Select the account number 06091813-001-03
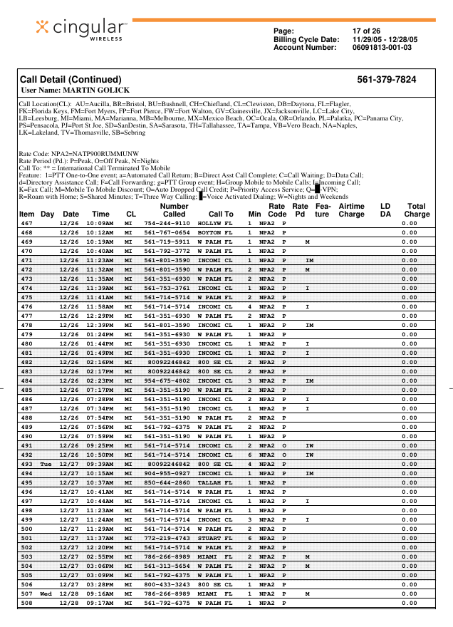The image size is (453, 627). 382,48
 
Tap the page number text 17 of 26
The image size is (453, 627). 368,31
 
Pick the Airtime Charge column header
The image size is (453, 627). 351,209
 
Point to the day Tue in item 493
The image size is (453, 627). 46,465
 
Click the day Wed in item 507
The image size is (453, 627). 46,594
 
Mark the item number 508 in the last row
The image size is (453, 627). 26,603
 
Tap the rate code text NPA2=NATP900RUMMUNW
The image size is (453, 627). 78,153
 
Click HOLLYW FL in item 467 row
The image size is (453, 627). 215,223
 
